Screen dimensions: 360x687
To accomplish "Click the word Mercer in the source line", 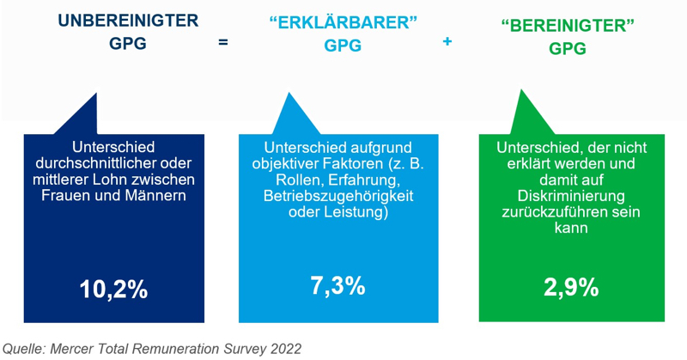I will pos(76,349).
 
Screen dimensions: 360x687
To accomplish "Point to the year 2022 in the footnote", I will pos(283,349).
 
